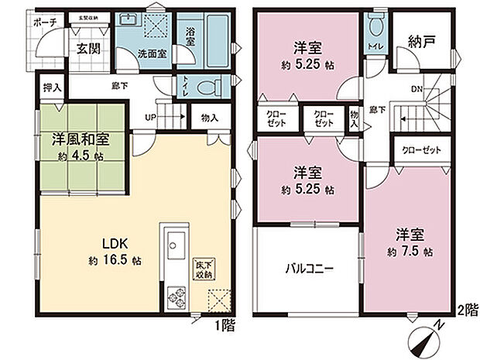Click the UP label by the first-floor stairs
point(150,118)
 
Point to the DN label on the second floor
point(416,89)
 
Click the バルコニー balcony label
point(308,269)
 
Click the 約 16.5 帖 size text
point(115,260)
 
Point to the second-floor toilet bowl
point(376,28)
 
